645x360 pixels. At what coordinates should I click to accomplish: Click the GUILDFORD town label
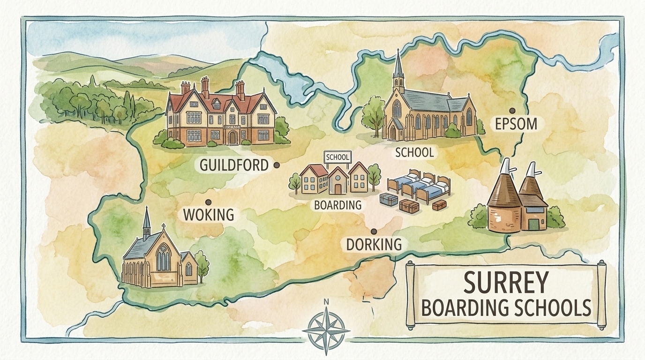233,165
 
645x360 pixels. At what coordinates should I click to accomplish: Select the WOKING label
208,215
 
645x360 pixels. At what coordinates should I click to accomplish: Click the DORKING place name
374,244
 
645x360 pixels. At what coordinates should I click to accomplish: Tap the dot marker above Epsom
512,111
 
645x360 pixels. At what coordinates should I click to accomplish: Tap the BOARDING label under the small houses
337,205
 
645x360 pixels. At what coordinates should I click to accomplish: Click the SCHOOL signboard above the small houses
337,157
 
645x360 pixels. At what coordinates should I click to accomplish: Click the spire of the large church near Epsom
398,66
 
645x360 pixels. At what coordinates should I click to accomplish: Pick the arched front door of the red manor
232,138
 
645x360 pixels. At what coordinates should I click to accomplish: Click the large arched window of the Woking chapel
163,258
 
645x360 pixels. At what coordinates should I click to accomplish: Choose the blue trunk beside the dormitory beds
389,200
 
